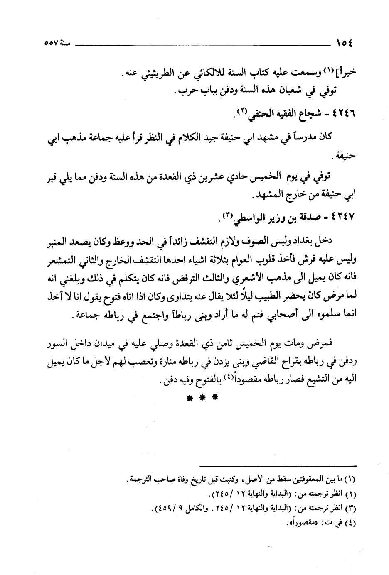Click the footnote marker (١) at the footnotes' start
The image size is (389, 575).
pos(352,481)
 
